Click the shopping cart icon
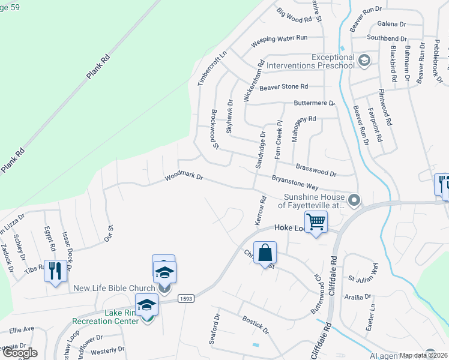[x=316, y=222]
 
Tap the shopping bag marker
[x=265, y=253]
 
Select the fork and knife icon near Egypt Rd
[x=55, y=271]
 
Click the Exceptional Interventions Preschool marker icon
[x=363, y=61]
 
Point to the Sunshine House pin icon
[x=355, y=200]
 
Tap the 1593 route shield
[x=186, y=299]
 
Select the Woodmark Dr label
[x=185, y=178]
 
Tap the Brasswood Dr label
[x=316, y=169]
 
